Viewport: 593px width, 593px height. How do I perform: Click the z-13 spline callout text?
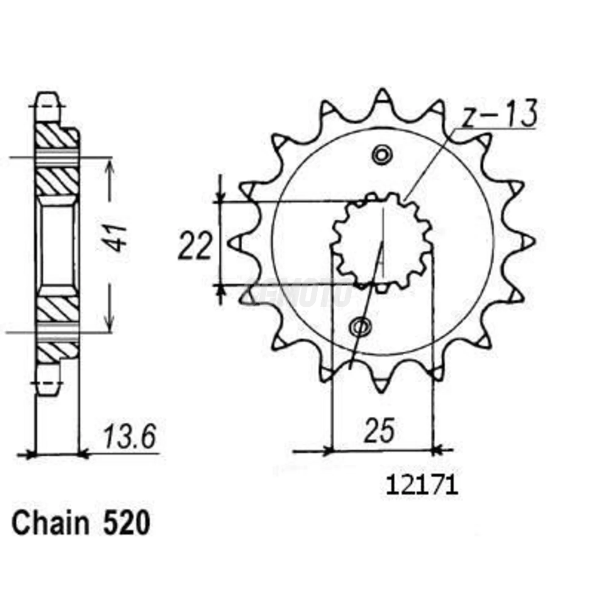(x=499, y=114)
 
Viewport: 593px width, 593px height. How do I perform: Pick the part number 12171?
(x=422, y=486)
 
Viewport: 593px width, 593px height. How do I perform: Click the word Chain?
(x=50, y=524)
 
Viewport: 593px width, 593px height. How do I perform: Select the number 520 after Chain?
(x=126, y=524)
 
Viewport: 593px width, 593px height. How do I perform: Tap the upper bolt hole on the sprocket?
(x=382, y=155)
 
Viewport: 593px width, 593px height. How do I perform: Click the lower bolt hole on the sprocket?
(x=360, y=327)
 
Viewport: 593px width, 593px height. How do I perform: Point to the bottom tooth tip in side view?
(x=47, y=388)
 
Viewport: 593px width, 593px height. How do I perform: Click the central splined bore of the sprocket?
(x=381, y=241)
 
